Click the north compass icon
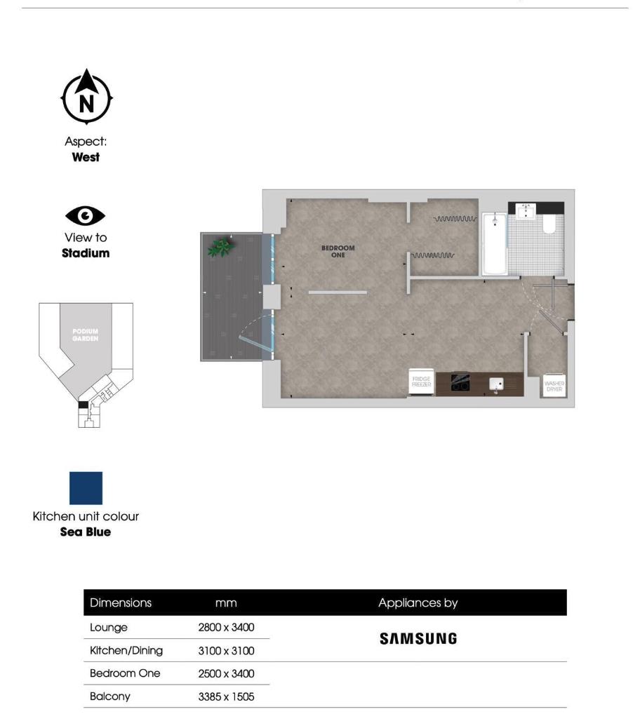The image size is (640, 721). [86, 97]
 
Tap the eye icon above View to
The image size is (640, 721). [86, 215]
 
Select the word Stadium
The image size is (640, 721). [86, 253]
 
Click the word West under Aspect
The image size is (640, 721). [86, 157]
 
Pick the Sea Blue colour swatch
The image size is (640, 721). [86, 488]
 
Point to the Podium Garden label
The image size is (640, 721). [85, 335]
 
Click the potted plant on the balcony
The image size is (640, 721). [221, 247]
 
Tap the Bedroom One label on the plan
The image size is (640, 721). [338, 251]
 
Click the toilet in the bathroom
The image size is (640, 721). [550, 223]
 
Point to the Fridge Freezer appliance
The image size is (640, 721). [421, 383]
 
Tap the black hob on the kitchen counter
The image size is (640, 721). [460, 383]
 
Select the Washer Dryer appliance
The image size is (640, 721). [554, 385]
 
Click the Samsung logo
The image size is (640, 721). [418, 639]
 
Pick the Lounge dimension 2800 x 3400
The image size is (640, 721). [226, 628]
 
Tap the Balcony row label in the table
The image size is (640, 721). [110, 696]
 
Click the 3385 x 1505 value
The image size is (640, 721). [226, 697]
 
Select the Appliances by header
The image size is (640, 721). [418, 602]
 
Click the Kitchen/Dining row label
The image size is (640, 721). [126, 651]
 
